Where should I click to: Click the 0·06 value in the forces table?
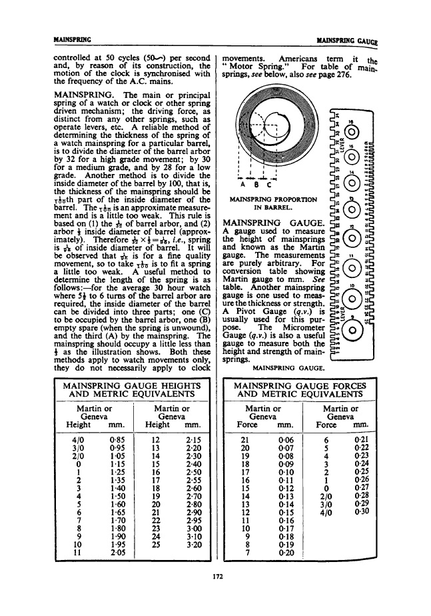(286, 441)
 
